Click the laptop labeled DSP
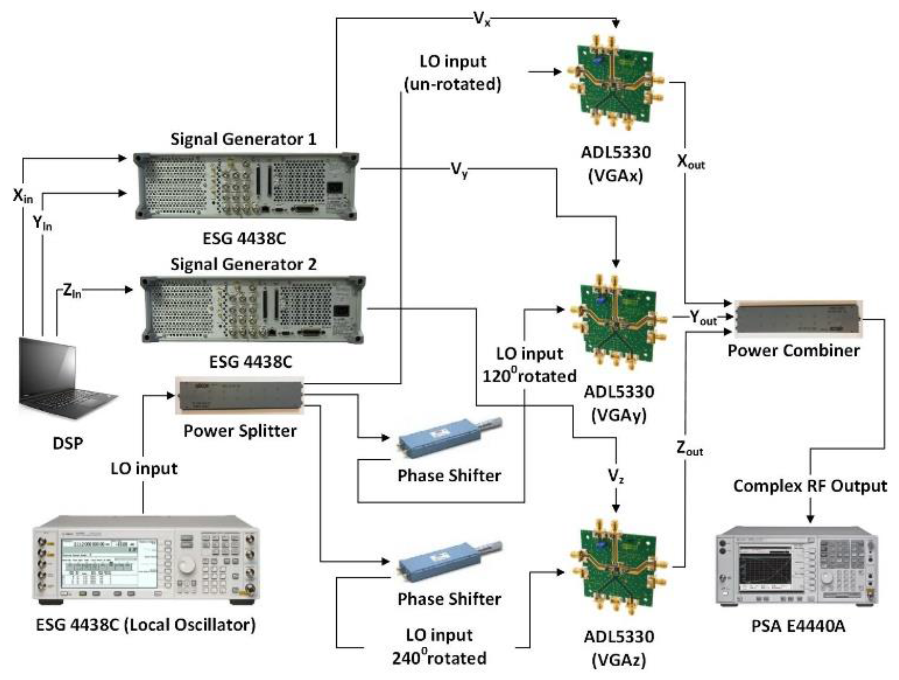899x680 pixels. click(63, 379)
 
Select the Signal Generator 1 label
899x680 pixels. click(243, 139)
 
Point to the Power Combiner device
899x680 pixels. click(798, 319)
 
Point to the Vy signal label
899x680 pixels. click(459, 170)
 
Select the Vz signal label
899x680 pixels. click(616, 476)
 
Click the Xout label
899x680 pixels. click(690, 162)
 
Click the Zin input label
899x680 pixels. click(72, 291)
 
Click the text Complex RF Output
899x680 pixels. click(810, 486)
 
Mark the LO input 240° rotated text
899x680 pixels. click(439, 646)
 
